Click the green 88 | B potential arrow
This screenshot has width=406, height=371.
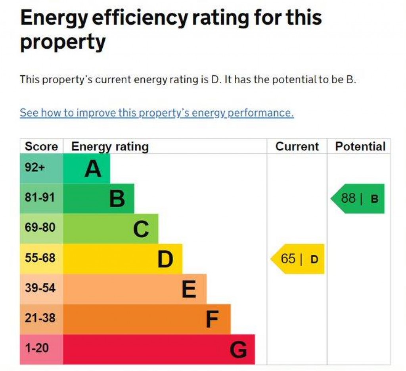pyautogui.click(x=358, y=198)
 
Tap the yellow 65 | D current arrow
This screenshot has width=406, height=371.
pyautogui.click(x=298, y=259)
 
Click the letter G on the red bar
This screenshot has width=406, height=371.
pyautogui.click(x=238, y=350)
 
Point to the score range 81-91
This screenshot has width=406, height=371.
pyautogui.click(x=40, y=198)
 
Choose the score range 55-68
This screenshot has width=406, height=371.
pyautogui.click(x=40, y=258)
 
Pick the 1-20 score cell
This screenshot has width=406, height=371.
pyautogui.click(x=37, y=348)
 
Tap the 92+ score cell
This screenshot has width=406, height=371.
pyautogui.click(x=35, y=167)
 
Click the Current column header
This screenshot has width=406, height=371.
pyautogui.click(x=297, y=146)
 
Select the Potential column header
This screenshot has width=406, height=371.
pyautogui.click(x=360, y=146)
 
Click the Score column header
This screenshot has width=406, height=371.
pyautogui.click(x=41, y=146)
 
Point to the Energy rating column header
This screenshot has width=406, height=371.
pyautogui.click(x=110, y=146)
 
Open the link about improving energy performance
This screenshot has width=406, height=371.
pyautogui.click(x=157, y=113)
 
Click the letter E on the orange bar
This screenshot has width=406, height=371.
pyautogui.click(x=189, y=289)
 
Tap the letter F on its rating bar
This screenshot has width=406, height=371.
pyautogui.click(x=213, y=319)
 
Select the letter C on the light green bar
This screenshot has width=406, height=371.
pyautogui.click(x=141, y=229)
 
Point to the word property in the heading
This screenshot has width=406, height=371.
pyautogui.click(x=63, y=42)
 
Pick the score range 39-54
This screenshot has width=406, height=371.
pyautogui.click(x=40, y=288)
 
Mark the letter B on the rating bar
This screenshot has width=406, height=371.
pyautogui.click(x=117, y=199)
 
